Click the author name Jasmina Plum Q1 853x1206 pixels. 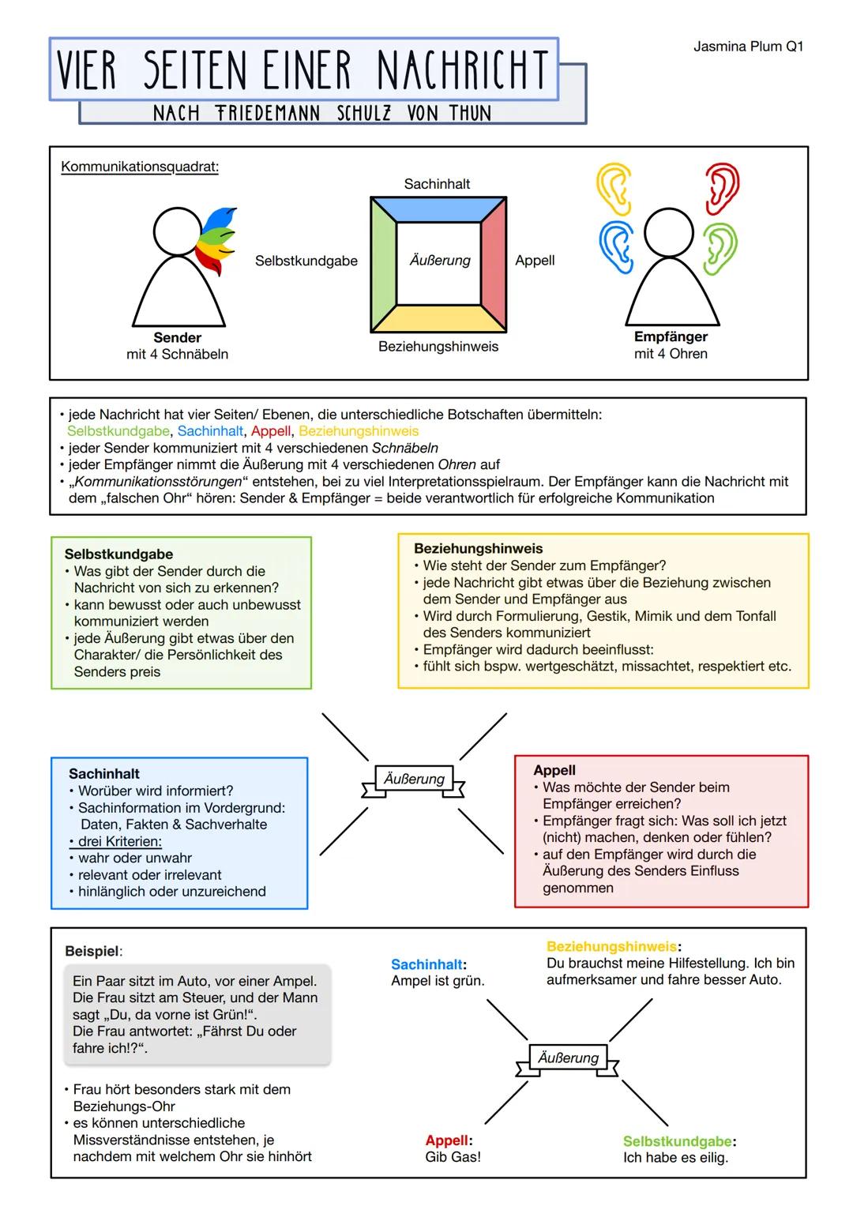coord(748,47)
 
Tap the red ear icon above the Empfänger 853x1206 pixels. coord(723,189)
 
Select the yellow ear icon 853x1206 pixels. coord(614,189)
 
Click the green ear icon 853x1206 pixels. coord(720,248)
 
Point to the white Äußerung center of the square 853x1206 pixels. coord(439,261)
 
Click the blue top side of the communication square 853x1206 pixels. coord(438,209)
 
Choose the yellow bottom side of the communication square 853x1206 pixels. coord(438,318)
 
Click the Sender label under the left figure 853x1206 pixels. coord(177,338)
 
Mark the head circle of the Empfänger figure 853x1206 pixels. coord(669,232)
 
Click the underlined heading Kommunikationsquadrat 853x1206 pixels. coord(140,167)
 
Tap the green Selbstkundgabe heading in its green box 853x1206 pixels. coord(118,554)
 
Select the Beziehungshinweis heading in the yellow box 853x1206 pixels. coord(478,548)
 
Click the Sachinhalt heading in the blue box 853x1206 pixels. coord(104,774)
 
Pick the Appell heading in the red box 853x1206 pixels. coord(554,770)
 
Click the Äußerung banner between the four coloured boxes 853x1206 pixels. coord(414,779)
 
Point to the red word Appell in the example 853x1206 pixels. coord(447,1140)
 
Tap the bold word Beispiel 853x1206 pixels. coord(92,951)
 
